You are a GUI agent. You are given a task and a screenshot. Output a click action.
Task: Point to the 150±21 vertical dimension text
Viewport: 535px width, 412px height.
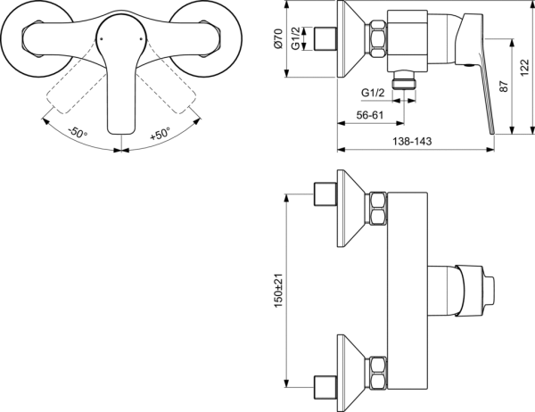tap(279, 291)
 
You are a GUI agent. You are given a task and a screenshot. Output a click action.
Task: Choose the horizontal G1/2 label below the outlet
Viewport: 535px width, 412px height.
tap(373, 93)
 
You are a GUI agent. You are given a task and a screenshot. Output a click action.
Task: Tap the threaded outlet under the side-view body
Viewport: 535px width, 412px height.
tap(408, 78)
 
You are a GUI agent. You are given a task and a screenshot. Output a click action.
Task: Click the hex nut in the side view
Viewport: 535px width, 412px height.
tap(377, 39)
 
